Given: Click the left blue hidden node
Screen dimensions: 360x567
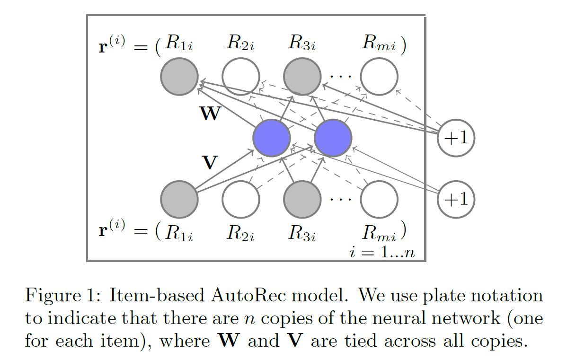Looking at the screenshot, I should point(272,138).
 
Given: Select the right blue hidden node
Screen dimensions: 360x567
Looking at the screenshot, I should point(333,138).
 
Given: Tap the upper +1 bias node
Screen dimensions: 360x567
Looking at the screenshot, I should point(455,138).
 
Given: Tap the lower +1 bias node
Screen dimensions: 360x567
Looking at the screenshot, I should point(455,199).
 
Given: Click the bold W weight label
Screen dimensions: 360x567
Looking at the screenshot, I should point(210,114).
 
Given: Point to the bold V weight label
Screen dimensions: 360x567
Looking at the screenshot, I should point(209,163).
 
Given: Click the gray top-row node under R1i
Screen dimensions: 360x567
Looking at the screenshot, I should point(179,77).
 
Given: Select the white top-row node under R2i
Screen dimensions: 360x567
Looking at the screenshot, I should point(241,77).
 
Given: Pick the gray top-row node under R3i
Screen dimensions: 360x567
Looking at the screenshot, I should point(302,77).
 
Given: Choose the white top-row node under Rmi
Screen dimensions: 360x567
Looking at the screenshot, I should point(379,77).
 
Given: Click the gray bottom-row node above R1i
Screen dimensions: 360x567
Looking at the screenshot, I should point(179,199).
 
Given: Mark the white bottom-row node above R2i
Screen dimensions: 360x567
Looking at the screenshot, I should point(241,199).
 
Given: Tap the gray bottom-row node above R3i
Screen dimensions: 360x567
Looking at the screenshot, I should point(302,199).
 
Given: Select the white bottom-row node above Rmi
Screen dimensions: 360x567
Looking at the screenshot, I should point(379,199).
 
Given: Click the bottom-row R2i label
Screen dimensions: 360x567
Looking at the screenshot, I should point(241,232).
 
